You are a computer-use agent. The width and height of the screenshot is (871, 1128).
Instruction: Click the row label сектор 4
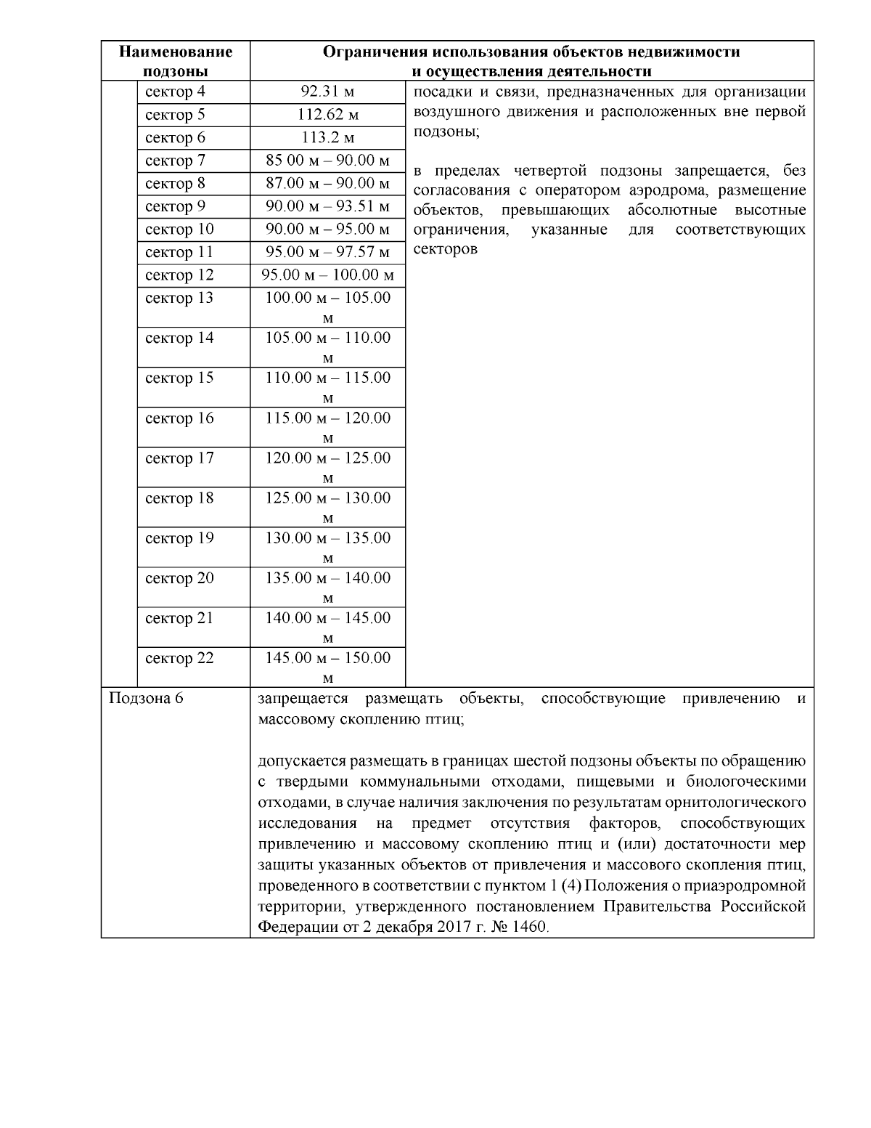point(175,92)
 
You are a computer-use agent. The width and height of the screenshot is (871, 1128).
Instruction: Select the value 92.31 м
point(327,92)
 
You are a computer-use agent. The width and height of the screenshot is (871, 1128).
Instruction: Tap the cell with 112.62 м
point(327,115)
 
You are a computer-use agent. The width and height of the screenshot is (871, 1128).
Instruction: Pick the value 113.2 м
point(327,138)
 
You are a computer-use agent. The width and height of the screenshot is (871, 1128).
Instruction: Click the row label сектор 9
point(175,207)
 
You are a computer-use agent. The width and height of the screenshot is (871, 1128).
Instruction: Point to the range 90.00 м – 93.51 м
point(327,207)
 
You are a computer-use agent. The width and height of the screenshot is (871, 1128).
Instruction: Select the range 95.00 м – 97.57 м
point(327,253)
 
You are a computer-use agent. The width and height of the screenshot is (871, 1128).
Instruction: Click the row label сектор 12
point(179,275)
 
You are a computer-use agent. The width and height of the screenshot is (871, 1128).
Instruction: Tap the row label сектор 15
point(179,378)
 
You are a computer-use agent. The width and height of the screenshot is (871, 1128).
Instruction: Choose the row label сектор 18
point(179,498)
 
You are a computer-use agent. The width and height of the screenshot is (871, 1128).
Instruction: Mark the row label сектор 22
point(179,659)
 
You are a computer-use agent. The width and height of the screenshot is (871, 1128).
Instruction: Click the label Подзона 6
point(145,699)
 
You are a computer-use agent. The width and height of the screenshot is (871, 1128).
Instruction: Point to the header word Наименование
point(176,52)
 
